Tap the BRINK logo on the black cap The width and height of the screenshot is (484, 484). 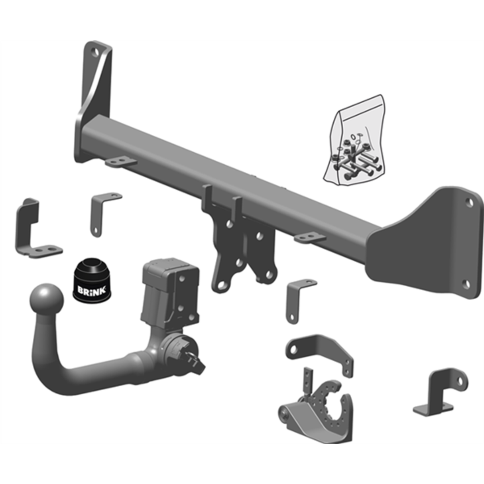tap(92, 291)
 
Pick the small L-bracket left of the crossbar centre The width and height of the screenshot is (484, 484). tap(102, 211)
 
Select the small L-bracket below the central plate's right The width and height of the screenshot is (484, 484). tap(297, 299)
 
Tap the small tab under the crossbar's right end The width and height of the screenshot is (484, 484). tap(309, 238)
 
